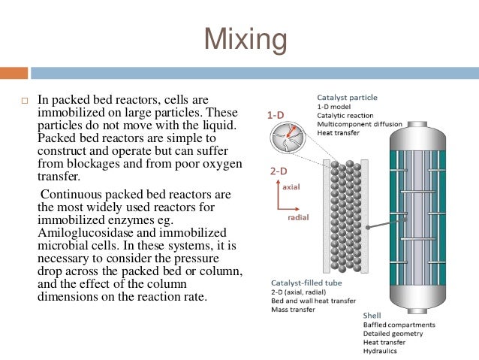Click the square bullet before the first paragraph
[24, 101]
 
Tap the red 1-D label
[276, 115]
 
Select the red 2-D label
[278, 171]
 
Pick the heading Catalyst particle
[347, 98]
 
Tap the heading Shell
[372, 316]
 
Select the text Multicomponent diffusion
[360, 124]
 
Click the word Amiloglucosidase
[83, 230]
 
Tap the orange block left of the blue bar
[14, 73]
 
